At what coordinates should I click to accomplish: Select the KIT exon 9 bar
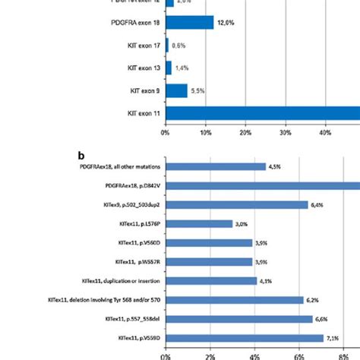176,90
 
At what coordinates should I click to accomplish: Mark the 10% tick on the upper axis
205,133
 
